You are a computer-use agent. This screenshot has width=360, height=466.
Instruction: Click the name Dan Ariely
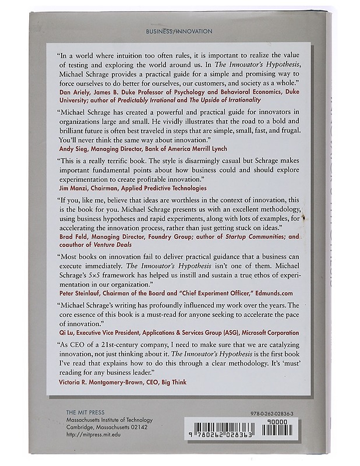75,91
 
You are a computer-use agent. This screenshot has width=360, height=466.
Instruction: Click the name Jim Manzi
75,189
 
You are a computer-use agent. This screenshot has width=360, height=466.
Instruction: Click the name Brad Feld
75,237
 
